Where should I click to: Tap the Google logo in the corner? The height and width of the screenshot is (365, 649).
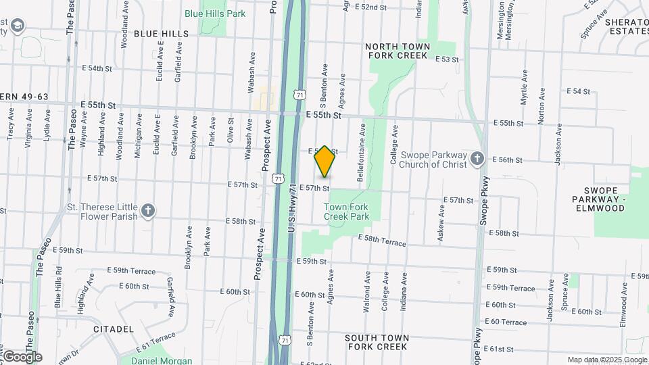(x=22, y=357)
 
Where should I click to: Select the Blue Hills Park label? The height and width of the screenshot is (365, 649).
(x=216, y=14)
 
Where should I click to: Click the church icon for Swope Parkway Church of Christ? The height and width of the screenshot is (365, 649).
(x=477, y=158)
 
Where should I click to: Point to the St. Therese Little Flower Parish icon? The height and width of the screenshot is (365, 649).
(x=148, y=212)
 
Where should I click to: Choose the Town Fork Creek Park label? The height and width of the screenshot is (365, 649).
(x=347, y=212)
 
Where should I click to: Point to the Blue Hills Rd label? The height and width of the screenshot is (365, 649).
(x=57, y=278)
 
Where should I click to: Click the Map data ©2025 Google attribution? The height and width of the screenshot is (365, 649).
(x=607, y=360)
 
